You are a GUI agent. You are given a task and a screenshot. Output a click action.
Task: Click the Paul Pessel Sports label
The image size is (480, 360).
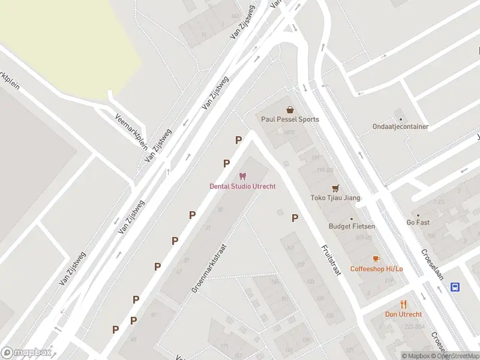coord(290,119)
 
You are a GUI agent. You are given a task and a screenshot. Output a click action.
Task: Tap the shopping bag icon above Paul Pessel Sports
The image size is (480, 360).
coord(290,110)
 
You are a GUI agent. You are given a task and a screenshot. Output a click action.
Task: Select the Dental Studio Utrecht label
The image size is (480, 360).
coord(242,186)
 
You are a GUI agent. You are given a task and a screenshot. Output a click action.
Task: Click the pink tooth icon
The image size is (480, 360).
coord(242,176)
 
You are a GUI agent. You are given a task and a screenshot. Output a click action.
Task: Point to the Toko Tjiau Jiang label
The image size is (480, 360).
coord(335,197)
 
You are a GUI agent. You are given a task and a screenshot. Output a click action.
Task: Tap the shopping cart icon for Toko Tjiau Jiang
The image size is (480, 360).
coord(335,188)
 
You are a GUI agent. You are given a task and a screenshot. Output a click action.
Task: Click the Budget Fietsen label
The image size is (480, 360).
coord(352,226)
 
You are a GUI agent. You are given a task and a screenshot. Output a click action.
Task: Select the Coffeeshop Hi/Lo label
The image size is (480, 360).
coord(376,268)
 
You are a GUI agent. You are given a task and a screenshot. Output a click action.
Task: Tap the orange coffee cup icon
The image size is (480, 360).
coord(376,259)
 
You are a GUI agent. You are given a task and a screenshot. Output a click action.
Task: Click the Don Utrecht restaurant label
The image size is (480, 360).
coord(403,314)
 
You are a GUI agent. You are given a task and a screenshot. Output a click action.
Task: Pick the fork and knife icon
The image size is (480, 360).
coord(403,304)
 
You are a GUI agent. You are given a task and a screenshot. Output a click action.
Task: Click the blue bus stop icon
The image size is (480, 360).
coord(455,287)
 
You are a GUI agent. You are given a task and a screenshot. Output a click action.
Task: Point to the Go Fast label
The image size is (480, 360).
coord(418,223)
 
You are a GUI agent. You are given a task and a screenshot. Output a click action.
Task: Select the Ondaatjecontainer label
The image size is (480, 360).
coord(400,127)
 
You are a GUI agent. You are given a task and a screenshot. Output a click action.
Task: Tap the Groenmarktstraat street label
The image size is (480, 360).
coord(208,268)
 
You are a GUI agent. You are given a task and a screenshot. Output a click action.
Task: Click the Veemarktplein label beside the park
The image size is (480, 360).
coord(131,131)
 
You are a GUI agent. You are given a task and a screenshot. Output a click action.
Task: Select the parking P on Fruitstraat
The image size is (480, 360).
coord(295,218)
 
